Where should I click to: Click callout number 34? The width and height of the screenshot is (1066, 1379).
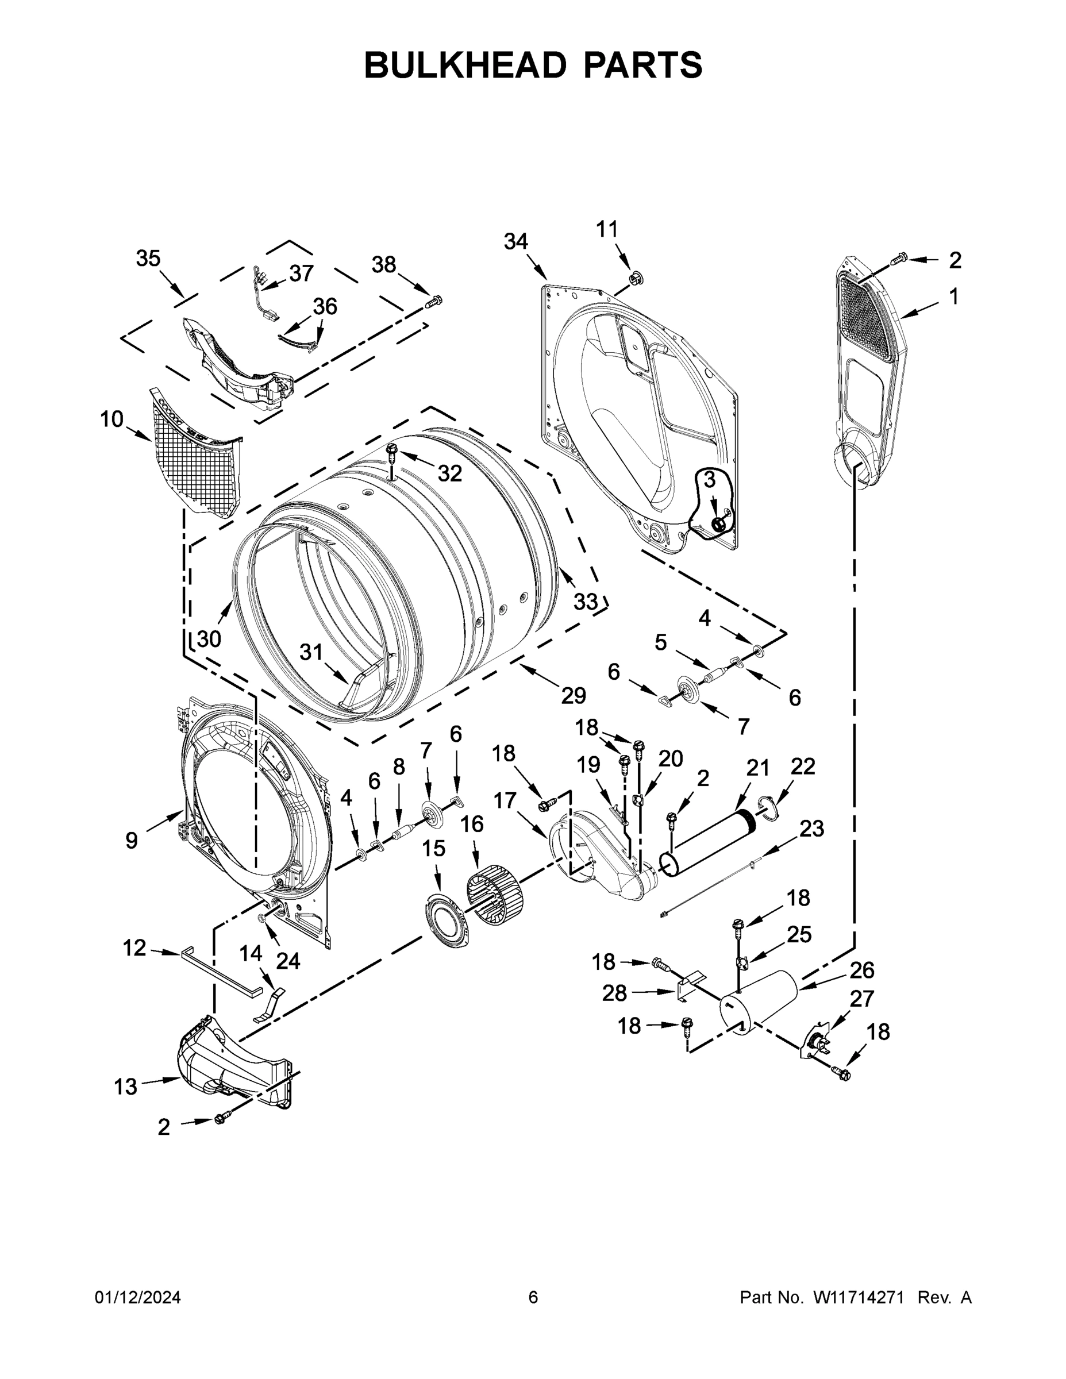pyautogui.click(x=515, y=241)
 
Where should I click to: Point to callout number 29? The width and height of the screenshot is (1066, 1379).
pyautogui.click(x=574, y=695)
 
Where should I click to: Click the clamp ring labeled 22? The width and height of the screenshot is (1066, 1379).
pyautogui.click(x=768, y=810)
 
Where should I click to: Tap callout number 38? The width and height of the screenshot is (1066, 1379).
pyautogui.click(x=383, y=264)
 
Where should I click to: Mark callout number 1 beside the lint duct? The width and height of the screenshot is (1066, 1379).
pyautogui.click(x=953, y=296)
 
